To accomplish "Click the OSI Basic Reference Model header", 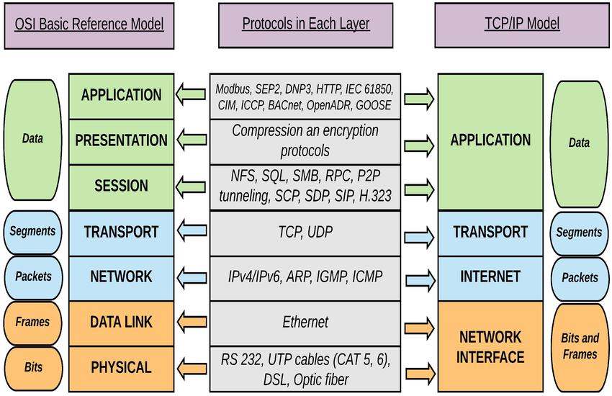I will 90,24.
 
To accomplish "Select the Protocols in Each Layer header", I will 305,24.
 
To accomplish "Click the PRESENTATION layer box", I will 121,140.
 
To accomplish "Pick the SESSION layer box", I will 121,186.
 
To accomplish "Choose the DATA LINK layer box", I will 121,322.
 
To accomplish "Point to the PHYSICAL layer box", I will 121,367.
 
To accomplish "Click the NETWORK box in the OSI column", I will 121,276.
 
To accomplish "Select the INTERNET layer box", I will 490,276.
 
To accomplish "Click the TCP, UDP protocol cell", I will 305,232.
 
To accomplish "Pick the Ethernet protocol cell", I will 305,322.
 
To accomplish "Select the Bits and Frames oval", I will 580,346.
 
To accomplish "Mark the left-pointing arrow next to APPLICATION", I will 190,94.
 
